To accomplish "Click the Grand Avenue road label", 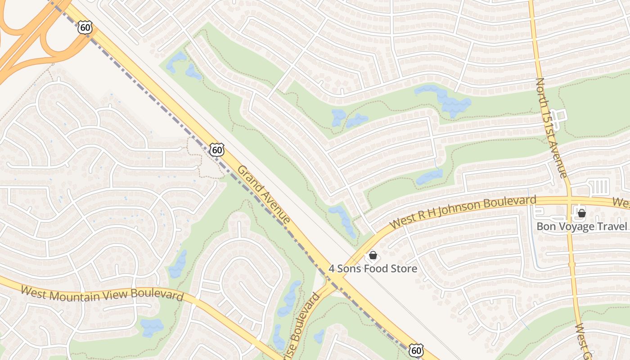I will pos(264,194).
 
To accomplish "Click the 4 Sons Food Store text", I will pos(373,269).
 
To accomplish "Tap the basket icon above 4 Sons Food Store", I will pos(373,256).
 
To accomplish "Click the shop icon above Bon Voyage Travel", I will pos(581,213).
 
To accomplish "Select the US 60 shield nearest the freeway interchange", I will pos(85,28).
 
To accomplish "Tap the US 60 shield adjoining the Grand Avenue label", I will pos(217,149).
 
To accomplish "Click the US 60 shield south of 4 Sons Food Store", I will pos(417,350).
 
